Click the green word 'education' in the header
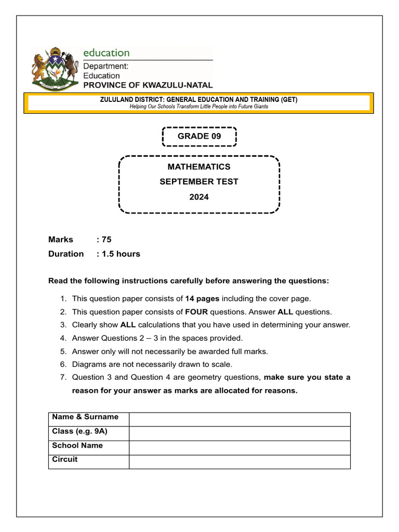(x=107, y=52)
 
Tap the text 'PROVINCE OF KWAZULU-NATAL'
(x=148, y=85)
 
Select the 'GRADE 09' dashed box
(x=199, y=137)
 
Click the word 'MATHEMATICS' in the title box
(x=199, y=167)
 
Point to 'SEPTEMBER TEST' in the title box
(x=199, y=182)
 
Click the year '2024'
(x=199, y=197)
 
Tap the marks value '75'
(x=107, y=240)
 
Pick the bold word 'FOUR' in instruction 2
(x=197, y=312)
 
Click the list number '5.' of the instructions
(x=63, y=352)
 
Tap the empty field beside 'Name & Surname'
(x=240, y=419)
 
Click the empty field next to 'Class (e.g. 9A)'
(x=240, y=433)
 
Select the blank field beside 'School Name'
(x=240, y=448)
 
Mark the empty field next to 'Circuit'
(x=240, y=462)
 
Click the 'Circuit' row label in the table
(x=65, y=459)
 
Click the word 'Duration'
(x=66, y=254)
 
